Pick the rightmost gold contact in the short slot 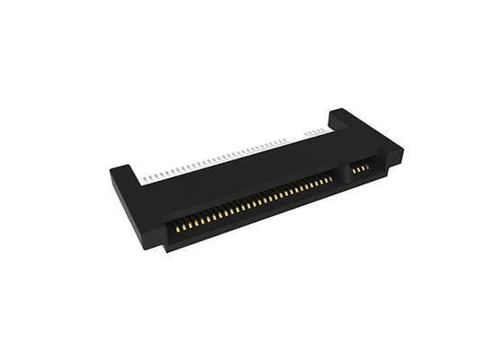pos(373,164)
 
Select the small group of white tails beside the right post pos(315,130)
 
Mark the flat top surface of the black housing pos(243,175)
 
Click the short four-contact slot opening pos(363,167)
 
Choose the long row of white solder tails pos(225,155)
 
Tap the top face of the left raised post pos(123,167)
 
